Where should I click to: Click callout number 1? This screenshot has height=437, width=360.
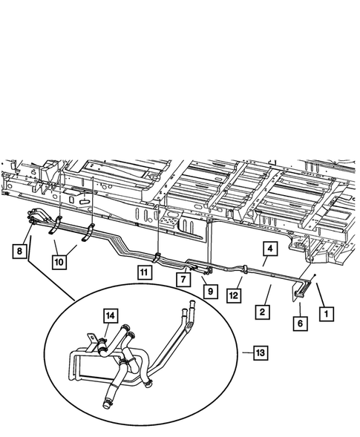pos(324,314)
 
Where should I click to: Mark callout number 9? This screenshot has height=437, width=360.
pos(209,292)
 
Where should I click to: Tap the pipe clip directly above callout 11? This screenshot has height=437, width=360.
pos(158,257)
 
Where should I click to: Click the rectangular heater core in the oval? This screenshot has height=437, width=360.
pos(89,371)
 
